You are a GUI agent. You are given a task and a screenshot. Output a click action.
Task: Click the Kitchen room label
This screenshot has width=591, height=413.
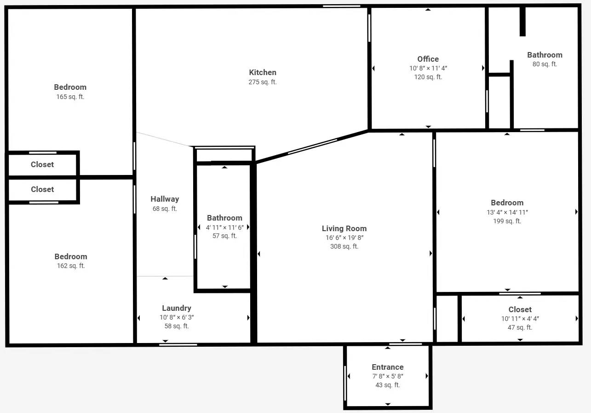(x=263, y=72)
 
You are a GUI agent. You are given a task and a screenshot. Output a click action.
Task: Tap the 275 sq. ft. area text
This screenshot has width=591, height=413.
(x=263, y=82)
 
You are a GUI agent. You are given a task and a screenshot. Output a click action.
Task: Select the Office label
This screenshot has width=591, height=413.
(x=428, y=59)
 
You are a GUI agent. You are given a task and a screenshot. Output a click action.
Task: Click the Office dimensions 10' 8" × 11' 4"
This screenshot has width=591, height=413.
(x=428, y=68)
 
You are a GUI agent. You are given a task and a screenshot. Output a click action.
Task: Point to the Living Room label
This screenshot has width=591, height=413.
(x=344, y=228)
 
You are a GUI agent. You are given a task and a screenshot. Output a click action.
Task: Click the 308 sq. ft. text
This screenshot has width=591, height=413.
(x=344, y=246)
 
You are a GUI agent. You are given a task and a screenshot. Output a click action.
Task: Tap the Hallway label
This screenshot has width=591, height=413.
(x=165, y=199)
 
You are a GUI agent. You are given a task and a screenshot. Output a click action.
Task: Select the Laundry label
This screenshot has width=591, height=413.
(x=177, y=308)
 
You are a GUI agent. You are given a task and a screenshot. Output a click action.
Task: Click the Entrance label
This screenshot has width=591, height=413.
(x=388, y=367)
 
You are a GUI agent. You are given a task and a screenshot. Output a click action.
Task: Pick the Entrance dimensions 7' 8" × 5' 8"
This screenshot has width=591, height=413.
(x=388, y=376)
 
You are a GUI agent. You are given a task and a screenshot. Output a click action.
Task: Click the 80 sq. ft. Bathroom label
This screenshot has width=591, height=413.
(x=545, y=55)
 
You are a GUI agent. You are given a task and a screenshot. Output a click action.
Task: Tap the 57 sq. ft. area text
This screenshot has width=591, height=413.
(x=224, y=236)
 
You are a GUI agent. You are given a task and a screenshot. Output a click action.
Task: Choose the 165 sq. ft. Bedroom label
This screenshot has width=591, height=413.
(x=70, y=87)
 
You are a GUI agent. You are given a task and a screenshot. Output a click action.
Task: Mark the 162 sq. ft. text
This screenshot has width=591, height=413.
(x=70, y=266)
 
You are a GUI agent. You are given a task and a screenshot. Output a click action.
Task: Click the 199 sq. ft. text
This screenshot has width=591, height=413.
(x=507, y=221)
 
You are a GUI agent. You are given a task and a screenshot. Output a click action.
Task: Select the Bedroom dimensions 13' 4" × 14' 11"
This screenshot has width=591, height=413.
(x=507, y=212)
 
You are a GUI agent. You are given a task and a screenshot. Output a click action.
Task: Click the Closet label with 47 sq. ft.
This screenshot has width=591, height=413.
(x=520, y=309)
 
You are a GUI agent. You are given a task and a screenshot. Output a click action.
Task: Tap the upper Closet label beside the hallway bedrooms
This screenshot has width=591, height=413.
(x=42, y=164)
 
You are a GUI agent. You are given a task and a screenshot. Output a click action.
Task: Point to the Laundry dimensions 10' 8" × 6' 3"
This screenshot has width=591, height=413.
(x=177, y=317)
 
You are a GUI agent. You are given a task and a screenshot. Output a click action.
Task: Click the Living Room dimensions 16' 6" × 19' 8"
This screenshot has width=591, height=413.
(x=344, y=238)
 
